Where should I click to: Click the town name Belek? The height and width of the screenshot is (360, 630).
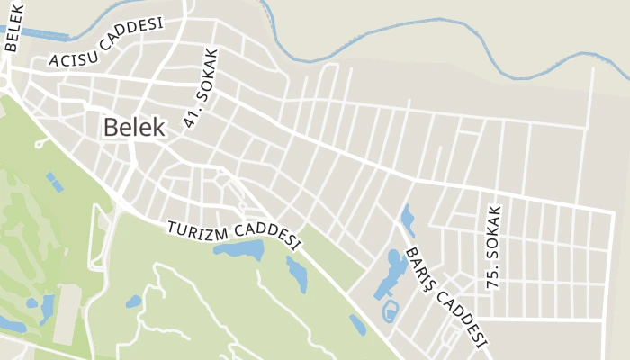[134, 128]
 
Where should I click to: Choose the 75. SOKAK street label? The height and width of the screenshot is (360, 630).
[492, 246]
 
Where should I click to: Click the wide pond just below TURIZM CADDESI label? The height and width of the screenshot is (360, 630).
[238, 248]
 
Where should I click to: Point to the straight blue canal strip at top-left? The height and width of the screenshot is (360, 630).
[44, 34]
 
